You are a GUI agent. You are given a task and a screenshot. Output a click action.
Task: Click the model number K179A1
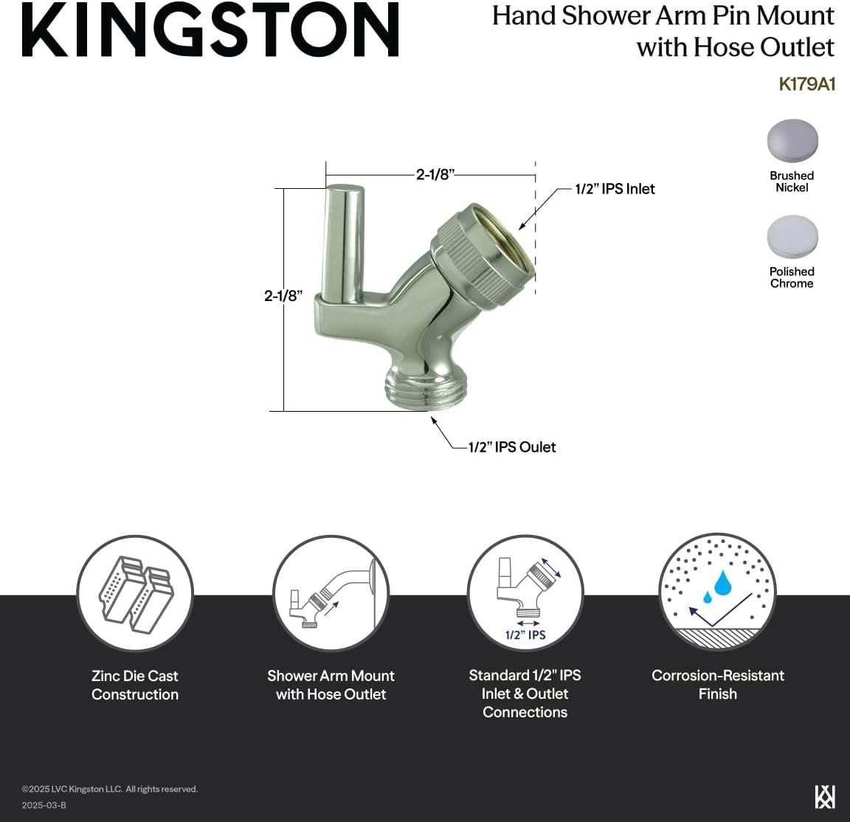(x=806, y=84)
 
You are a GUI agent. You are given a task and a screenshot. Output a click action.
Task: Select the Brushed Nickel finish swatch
(x=792, y=140)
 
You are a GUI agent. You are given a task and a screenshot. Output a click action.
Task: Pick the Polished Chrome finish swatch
(x=792, y=236)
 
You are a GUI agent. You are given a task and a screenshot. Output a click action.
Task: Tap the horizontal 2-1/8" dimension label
(x=435, y=175)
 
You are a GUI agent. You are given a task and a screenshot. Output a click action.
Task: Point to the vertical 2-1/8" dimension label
(x=283, y=296)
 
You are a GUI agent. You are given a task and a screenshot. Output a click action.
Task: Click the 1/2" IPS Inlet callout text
(x=615, y=189)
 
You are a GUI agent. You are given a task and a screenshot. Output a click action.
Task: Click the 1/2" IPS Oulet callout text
(x=512, y=447)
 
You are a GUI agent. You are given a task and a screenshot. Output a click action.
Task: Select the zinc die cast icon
(x=135, y=593)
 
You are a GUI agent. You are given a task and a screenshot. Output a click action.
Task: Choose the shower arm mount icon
(x=331, y=593)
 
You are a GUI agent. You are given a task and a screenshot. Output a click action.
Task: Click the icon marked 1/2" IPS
(x=525, y=593)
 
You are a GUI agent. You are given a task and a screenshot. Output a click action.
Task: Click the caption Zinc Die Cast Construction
(x=135, y=685)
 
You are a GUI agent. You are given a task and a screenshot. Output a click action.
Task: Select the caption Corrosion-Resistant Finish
(x=717, y=684)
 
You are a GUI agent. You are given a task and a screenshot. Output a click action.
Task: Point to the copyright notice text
(x=110, y=790)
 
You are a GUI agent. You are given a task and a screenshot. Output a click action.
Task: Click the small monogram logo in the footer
(x=824, y=797)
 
